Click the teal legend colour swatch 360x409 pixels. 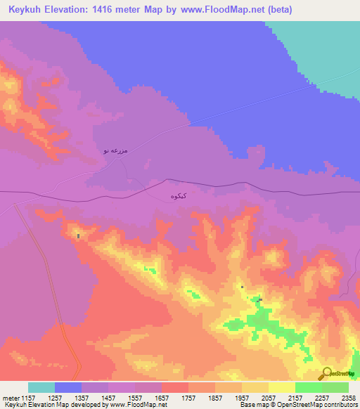(41, 387)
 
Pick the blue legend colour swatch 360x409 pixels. (68, 387)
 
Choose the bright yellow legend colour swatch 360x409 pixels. (282, 387)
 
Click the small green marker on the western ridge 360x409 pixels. (78, 236)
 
